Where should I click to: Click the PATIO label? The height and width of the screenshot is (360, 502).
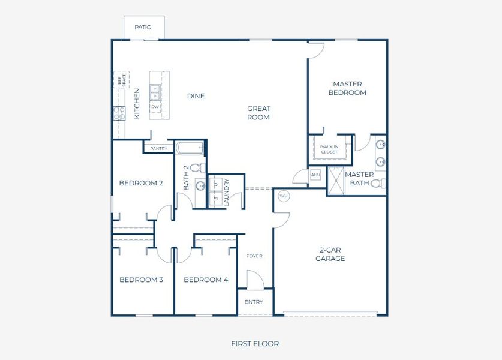[143, 28]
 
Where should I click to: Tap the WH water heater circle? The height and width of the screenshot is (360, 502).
[284, 196]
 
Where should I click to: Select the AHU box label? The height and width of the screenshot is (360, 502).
[315, 175]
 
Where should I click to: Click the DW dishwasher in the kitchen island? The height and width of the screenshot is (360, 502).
[155, 107]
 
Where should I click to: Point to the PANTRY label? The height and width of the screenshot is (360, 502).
[158, 148]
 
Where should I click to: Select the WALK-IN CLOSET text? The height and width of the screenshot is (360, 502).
[329, 149]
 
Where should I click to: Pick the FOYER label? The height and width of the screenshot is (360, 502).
[254, 256]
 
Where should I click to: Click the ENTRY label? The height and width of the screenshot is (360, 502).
[254, 302]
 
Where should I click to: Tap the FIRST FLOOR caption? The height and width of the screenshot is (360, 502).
[255, 344]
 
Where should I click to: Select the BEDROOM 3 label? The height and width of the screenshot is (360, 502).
[141, 280]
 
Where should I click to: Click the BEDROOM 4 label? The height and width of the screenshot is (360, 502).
[206, 280]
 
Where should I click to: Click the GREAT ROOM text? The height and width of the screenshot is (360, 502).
[258, 113]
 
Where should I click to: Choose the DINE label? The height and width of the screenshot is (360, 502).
[196, 96]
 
